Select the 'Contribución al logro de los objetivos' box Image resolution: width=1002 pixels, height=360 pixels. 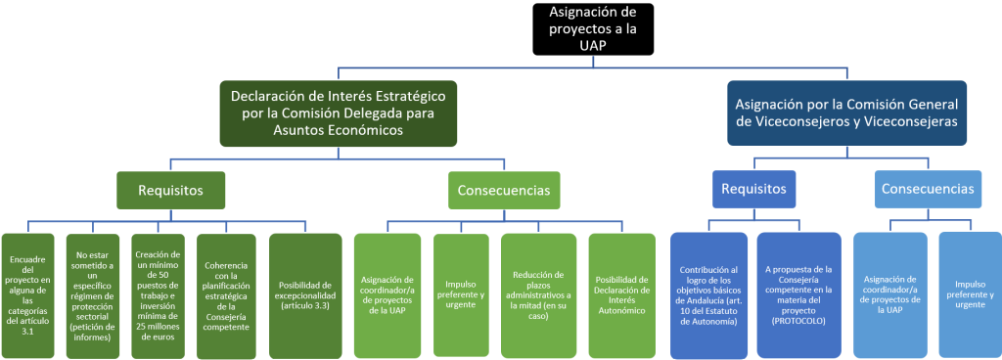tap(709, 293)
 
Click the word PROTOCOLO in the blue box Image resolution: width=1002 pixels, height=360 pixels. tap(798, 320)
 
